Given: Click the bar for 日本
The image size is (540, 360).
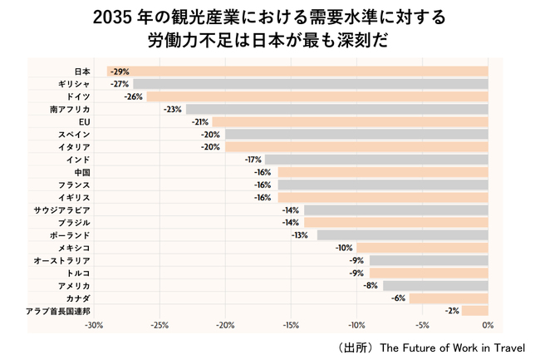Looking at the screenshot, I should click(x=297, y=72).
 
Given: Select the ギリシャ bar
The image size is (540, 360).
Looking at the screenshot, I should click(x=310, y=84).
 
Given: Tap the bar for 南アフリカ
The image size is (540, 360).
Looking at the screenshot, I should click(x=336, y=109).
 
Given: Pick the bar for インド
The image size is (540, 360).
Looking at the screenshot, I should click(x=376, y=159).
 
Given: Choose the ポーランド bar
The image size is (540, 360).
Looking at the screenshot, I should click(x=402, y=235).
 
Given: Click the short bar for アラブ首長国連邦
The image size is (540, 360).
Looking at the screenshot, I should click(x=474, y=310).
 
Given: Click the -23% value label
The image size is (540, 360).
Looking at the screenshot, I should click(x=173, y=109).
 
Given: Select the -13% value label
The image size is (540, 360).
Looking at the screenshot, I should click(x=300, y=235).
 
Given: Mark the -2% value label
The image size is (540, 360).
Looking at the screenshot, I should click(x=451, y=310).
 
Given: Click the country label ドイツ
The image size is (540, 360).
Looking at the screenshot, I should click(x=78, y=96).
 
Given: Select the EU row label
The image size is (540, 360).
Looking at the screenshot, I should click(x=84, y=121).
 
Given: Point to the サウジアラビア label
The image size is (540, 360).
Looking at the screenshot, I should click(x=62, y=210).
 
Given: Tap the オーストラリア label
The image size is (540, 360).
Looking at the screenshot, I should click(x=61, y=260).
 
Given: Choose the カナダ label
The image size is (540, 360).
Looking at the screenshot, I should click(x=78, y=298).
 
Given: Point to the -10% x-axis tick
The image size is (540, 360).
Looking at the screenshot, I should click(x=356, y=325).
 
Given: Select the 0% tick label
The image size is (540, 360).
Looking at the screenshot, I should click(x=488, y=325).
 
